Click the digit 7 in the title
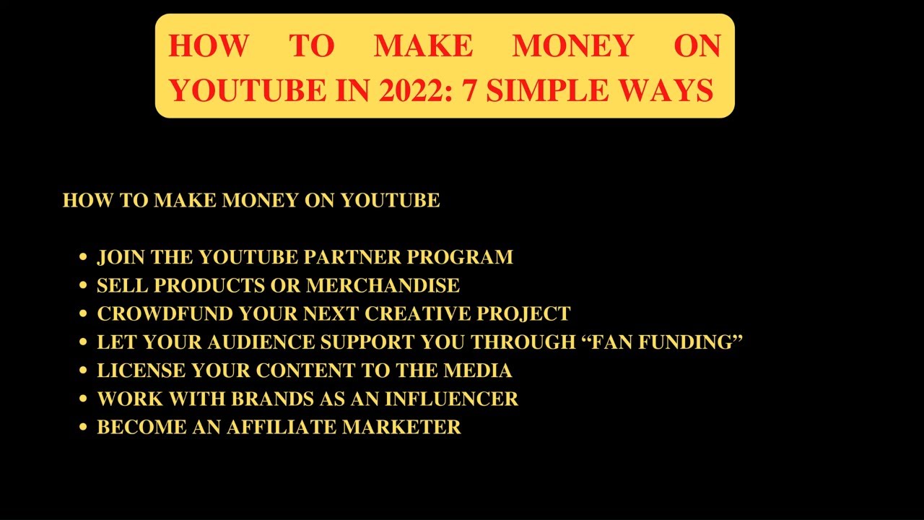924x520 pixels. point(469,90)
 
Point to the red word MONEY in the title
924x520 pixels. point(572,46)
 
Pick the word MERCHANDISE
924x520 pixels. point(383,285)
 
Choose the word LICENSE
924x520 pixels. point(141,370)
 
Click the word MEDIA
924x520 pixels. point(478,370)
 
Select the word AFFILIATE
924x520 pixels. point(282,427)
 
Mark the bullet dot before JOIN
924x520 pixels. point(83,257)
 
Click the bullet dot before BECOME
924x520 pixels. point(83,427)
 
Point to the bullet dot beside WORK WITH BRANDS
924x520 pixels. point(83,399)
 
